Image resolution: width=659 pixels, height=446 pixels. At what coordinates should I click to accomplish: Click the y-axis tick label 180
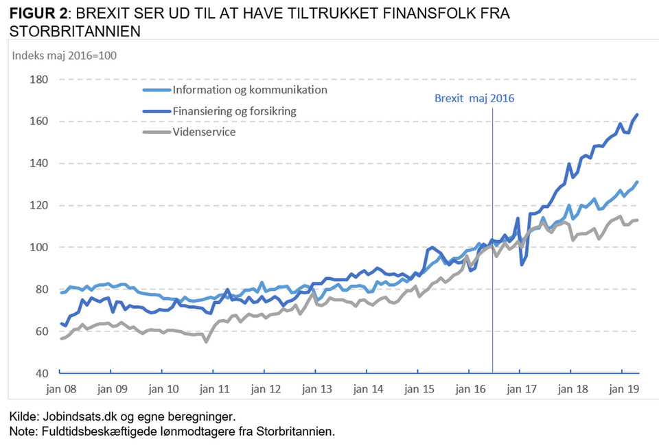(x=39, y=80)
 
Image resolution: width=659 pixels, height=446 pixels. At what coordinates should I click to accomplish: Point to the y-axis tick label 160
(x=39, y=121)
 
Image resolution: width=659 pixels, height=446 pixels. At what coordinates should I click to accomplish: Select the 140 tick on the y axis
(x=39, y=163)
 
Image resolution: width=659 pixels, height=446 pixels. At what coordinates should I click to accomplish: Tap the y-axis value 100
(x=39, y=247)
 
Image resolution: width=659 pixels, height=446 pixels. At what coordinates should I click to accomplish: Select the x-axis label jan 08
(x=60, y=389)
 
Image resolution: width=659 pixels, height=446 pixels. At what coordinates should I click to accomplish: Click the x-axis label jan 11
(x=213, y=389)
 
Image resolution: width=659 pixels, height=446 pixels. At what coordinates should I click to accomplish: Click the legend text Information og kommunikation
(x=250, y=90)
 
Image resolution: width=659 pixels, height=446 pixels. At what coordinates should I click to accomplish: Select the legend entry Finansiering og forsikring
(x=235, y=110)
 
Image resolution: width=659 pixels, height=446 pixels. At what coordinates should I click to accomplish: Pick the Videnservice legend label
(x=204, y=131)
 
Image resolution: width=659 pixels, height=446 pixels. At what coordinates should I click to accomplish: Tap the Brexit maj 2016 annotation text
(x=474, y=98)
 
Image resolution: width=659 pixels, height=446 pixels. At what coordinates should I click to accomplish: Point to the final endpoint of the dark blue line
(x=638, y=115)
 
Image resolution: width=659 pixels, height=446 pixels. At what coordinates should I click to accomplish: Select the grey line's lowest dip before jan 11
(x=206, y=341)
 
